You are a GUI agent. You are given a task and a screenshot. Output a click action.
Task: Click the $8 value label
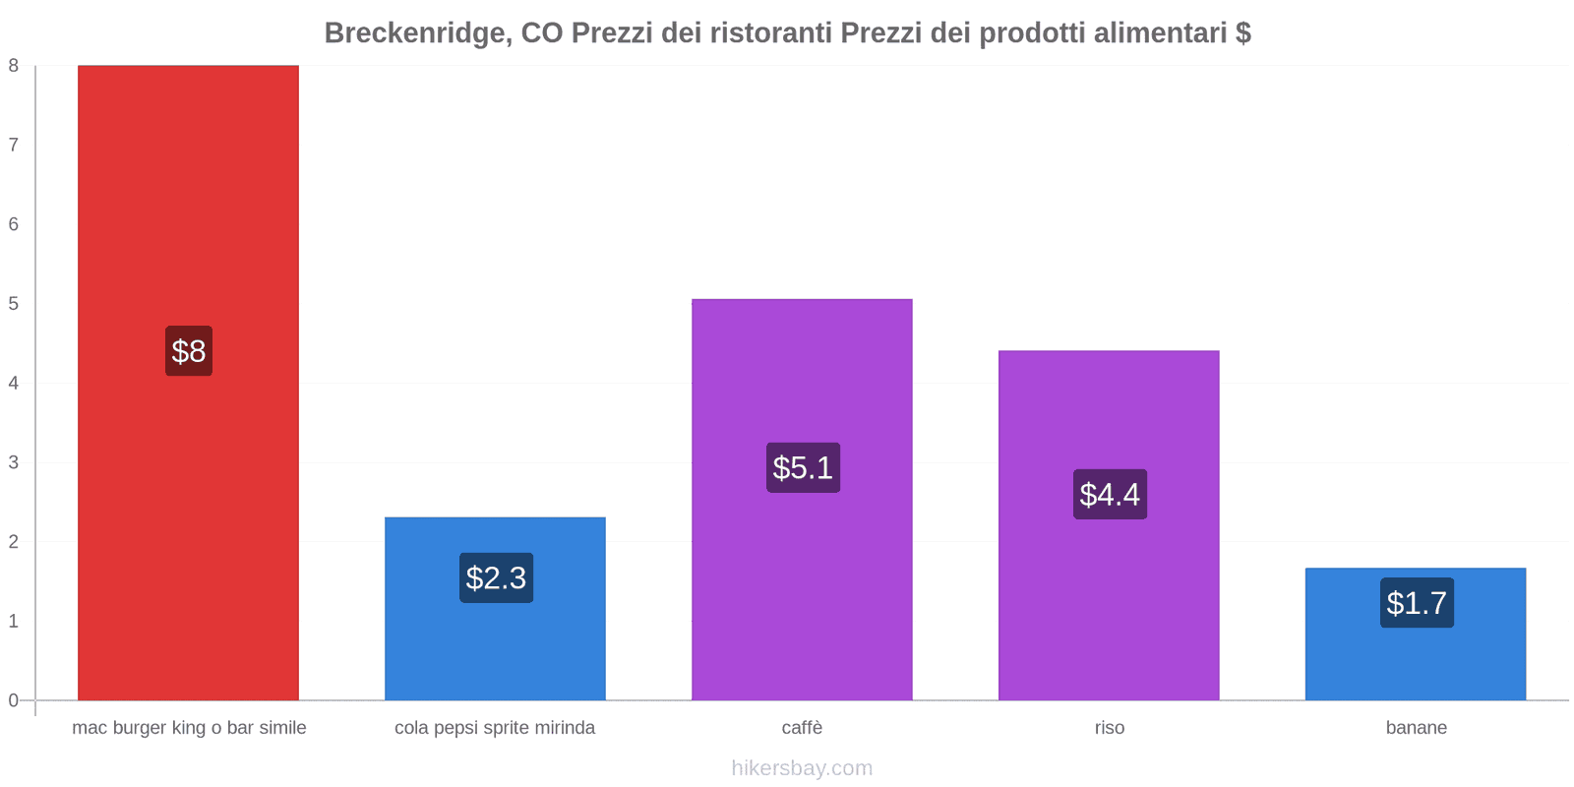pos(189,351)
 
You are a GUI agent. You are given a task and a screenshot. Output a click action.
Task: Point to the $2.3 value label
pos(496,577)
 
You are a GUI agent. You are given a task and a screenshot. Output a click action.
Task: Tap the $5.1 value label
pos(803,467)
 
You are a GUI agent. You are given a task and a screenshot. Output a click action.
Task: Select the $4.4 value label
pos(1110,494)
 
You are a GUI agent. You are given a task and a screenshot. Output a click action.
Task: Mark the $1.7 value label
pos(1417,602)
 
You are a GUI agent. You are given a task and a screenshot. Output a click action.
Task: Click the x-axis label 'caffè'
pos(802,728)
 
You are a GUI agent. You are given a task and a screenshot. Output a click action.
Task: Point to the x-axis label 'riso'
pos(1109,728)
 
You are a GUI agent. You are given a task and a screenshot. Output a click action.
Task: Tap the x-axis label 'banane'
pos(1416,728)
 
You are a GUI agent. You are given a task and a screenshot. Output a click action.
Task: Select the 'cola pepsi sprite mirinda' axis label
pos(495,728)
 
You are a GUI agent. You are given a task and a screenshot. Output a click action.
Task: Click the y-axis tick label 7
pos(14,145)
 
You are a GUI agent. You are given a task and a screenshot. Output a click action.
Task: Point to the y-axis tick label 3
pos(14,462)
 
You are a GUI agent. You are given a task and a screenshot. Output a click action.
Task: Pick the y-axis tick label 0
pos(14,700)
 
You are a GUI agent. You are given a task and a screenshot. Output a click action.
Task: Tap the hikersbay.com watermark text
pos(802,768)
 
